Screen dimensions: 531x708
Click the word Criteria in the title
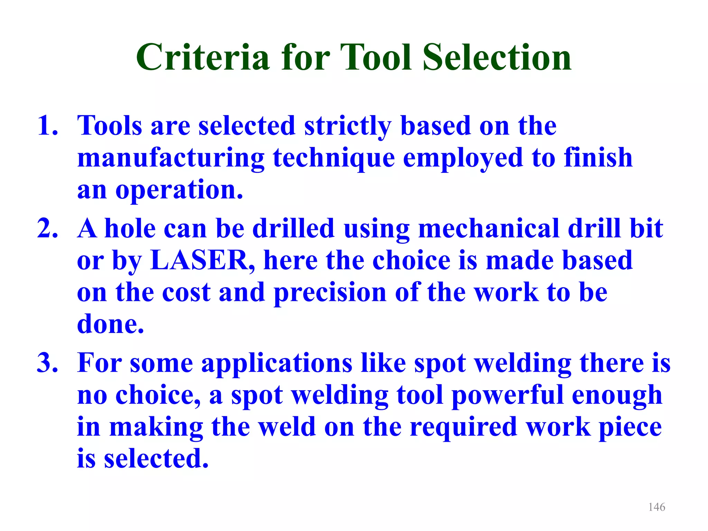(x=203, y=57)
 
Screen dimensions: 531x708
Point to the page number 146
(x=656, y=507)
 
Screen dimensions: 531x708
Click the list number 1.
(x=47, y=126)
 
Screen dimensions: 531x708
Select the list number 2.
(x=47, y=229)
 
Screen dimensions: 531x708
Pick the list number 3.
(x=47, y=363)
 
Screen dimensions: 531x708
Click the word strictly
(x=348, y=126)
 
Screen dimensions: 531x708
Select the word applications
(x=277, y=364)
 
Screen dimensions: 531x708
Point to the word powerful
(x=507, y=395)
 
